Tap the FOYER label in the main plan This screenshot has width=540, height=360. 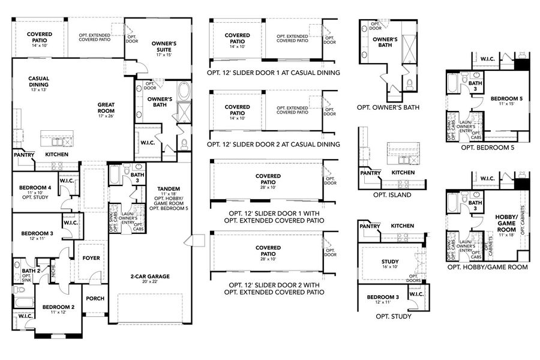91,258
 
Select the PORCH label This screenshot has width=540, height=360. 95,298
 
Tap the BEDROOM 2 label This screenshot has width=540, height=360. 58,307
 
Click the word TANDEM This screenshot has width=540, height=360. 164,188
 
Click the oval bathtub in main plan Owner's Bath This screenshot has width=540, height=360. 183,92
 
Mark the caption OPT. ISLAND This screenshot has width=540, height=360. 392,195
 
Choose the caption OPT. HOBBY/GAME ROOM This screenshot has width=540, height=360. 487,267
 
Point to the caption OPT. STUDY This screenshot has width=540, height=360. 392,316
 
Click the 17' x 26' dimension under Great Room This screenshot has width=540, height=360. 106,116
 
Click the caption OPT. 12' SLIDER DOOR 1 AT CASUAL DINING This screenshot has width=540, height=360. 274,73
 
